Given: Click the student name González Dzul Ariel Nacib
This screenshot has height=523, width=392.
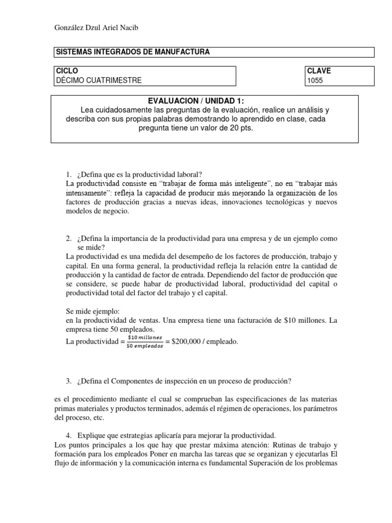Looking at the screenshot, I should click(x=96, y=28).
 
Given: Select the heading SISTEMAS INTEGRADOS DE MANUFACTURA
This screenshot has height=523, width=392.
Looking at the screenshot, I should click(x=132, y=52).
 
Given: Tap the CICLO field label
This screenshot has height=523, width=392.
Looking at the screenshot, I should click(x=67, y=71).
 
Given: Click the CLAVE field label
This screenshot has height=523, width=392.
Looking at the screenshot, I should click(x=318, y=71).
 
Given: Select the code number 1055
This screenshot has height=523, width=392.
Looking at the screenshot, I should click(x=314, y=80).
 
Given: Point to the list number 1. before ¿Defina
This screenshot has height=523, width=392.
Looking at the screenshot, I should click(x=69, y=175).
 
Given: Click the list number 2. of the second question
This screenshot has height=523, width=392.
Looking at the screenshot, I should click(x=69, y=239).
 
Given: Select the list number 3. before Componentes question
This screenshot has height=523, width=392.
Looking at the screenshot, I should click(x=69, y=381).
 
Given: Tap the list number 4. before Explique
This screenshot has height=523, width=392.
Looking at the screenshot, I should click(x=69, y=436).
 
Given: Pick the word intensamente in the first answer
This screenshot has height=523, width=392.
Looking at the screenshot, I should click(x=89, y=193).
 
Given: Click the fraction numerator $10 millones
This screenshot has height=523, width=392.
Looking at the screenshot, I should click(x=145, y=337).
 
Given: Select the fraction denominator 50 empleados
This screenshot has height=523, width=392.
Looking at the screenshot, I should click(x=145, y=346).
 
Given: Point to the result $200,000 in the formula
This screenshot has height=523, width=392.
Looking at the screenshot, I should click(x=189, y=342).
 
